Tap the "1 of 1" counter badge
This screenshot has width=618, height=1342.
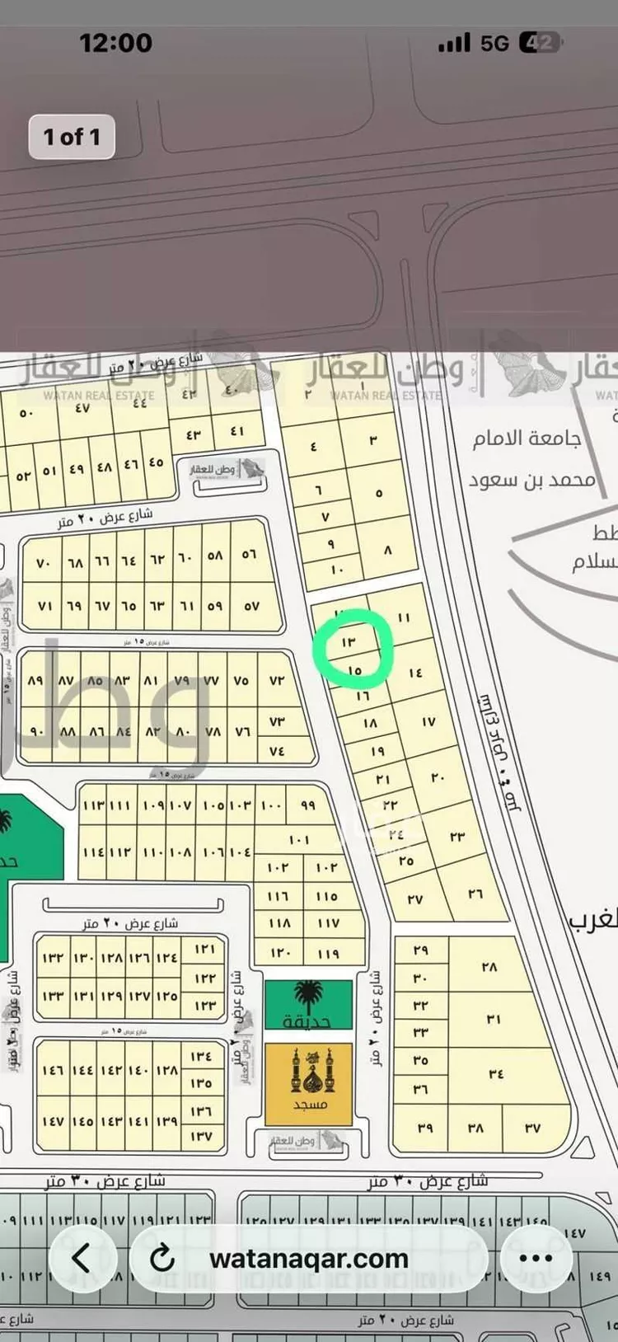click(x=72, y=137)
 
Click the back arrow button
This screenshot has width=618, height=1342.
click(x=82, y=1258)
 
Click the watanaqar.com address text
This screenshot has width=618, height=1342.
click(x=309, y=1259)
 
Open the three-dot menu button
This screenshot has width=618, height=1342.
click(x=536, y=1258)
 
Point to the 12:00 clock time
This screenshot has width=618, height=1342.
click(x=115, y=43)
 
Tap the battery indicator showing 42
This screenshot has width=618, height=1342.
click(x=541, y=43)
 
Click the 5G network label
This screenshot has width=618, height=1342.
click(x=494, y=43)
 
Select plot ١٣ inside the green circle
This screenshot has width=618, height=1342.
click(x=348, y=641)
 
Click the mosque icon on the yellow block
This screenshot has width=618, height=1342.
click(x=309, y=1071)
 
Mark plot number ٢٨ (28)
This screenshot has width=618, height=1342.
click(x=489, y=967)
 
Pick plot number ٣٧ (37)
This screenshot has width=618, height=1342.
click(x=532, y=1128)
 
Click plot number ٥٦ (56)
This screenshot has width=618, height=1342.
click(x=249, y=555)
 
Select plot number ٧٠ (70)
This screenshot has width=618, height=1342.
click(x=44, y=564)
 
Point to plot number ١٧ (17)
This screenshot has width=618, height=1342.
click(x=428, y=722)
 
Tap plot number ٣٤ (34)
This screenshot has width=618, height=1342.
click(x=496, y=1073)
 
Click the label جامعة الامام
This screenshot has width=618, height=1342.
click(x=527, y=438)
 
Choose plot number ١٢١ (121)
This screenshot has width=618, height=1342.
click(x=204, y=950)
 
